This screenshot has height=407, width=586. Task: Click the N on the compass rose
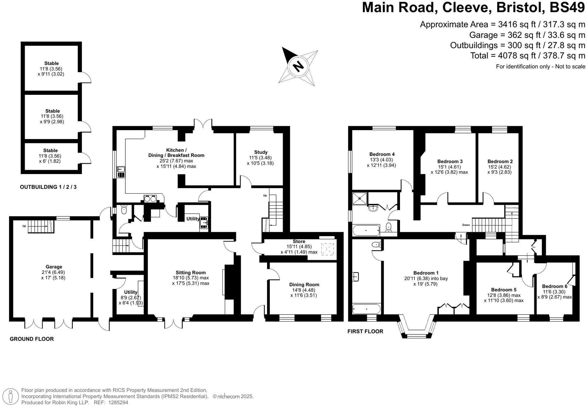(x=298, y=66)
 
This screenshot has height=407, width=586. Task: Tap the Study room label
(x=260, y=152)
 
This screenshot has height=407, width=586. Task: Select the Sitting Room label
(x=191, y=273)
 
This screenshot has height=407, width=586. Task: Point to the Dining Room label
(x=304, y=284)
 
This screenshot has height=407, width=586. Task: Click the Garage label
(x=54, y=267)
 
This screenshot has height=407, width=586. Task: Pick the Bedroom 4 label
(x=382, y=154)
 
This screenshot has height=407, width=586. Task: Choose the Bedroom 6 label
(x=554, y=286)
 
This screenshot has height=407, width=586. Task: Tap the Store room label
(x=299, y=241)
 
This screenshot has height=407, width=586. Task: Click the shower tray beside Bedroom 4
(x=360, y=199)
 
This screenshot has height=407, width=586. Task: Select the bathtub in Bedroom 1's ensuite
(x=367, y=309)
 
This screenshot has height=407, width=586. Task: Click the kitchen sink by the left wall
(x=121, y=172)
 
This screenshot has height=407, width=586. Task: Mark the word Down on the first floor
(x=466, y=225)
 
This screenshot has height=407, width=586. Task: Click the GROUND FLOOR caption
(x=32, y=339)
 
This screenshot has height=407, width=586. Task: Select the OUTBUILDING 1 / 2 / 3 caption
(x=48, y=187)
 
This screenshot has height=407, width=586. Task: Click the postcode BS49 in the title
(x=567, y=8)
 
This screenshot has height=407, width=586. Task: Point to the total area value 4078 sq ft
(x=510, y=56)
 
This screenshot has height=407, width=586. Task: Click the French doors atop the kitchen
(x=203, y=125)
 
